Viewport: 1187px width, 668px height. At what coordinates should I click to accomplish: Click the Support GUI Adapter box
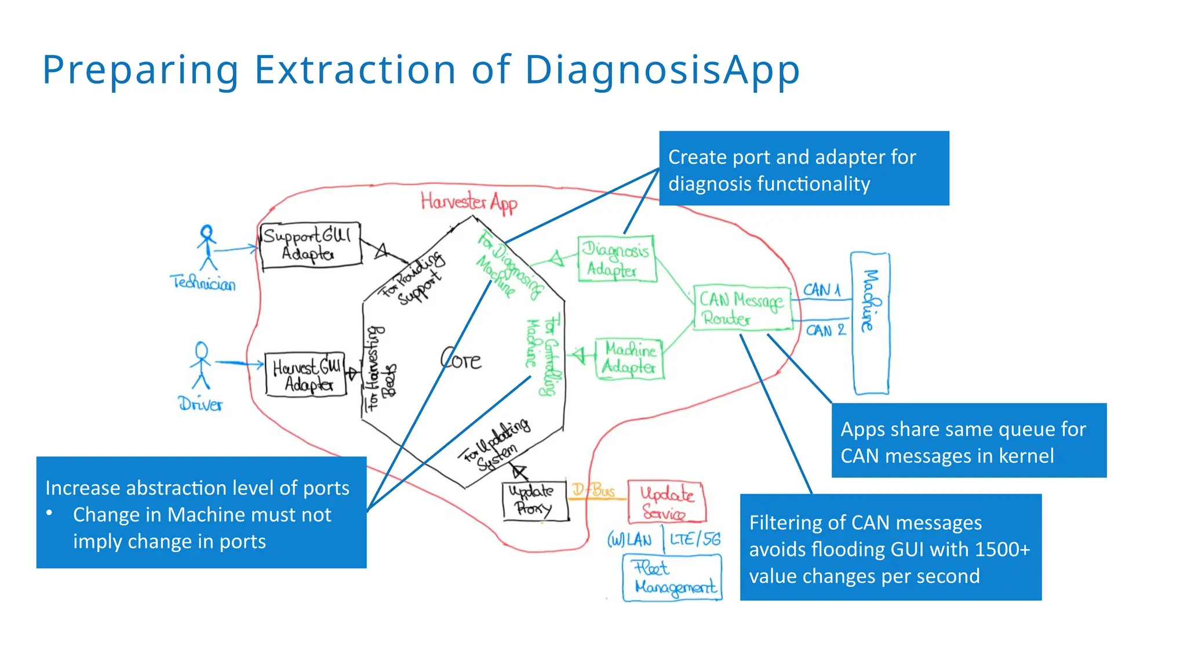(310, 246)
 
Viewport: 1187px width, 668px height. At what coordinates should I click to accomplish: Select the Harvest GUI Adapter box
(305, 375)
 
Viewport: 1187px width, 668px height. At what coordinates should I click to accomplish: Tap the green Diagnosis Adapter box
(617, 259)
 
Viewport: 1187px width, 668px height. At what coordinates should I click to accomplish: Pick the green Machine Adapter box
(629, 359)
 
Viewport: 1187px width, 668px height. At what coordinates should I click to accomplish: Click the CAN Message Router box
(742, 308)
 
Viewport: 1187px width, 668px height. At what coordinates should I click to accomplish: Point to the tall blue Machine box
(869, 323)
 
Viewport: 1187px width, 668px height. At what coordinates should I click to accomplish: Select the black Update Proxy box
(535, 500)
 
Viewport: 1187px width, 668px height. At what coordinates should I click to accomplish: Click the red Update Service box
(667, 502)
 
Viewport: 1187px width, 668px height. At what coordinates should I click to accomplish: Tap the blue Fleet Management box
(672, 578)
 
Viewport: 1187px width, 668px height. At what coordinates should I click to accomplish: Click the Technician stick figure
(207, 248)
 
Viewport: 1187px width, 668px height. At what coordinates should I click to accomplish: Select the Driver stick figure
(201, 365)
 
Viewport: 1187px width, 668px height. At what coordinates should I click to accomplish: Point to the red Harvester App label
(469, 202)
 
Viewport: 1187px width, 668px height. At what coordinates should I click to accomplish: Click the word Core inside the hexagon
(461, 360)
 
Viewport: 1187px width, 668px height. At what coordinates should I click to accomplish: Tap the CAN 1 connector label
(821, 289)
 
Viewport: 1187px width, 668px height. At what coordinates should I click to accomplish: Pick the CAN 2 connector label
(825, 331)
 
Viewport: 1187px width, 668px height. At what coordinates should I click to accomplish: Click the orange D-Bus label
(593, 490)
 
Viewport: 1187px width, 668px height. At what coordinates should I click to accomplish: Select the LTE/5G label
(695, 539)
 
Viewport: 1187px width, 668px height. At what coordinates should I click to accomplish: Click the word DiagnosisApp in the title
(662, 70)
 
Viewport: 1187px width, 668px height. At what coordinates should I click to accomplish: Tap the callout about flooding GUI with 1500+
(890, 547)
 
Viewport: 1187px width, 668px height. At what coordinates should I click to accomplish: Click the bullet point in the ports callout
(50, 513)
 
